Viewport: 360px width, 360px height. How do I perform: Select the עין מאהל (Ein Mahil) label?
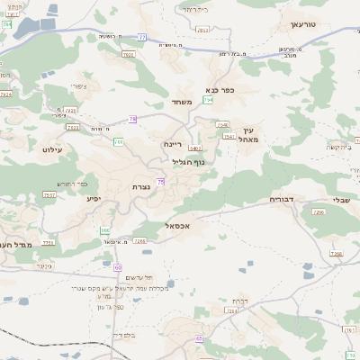click(249, 135)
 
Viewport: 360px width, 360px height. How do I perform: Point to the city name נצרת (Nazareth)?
click(142, 186)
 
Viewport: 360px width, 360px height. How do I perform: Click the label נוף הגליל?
click(188, 162)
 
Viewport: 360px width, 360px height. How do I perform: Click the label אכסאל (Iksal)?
click(181, 226)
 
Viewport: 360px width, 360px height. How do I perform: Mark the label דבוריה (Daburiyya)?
click(287, 199)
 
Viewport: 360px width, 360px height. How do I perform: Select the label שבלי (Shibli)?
click(341, 201)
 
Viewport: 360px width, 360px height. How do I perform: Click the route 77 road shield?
click(141, 37)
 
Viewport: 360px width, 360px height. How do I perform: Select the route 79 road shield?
click(132, 118)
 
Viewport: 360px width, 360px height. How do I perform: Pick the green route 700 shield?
click(118, 141)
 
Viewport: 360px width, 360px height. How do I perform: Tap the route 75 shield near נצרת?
click(161, 182)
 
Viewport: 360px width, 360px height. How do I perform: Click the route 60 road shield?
click(118, 267)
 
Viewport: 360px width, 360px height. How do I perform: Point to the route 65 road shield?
click(199, 339)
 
